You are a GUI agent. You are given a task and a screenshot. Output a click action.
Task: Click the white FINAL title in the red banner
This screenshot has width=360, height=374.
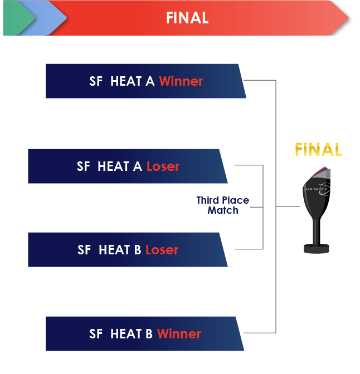187,18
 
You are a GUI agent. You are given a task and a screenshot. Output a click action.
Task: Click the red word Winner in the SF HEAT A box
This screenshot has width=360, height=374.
181,81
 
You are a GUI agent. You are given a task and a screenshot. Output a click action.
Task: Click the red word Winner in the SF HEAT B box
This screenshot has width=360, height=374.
179,334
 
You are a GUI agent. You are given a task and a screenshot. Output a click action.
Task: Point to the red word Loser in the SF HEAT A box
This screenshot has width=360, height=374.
163,166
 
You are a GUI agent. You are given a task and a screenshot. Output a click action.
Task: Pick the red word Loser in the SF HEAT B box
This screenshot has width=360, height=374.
162,250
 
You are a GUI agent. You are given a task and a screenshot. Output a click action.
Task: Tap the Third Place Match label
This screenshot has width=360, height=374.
223,205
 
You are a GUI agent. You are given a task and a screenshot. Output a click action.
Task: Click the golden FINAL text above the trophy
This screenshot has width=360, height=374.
318,149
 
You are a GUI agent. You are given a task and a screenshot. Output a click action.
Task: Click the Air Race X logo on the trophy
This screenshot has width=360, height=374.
318,189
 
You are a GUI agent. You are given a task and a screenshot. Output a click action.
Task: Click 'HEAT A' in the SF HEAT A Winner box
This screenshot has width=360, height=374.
132,81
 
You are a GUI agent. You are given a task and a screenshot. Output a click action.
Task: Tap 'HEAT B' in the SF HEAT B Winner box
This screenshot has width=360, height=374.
132,334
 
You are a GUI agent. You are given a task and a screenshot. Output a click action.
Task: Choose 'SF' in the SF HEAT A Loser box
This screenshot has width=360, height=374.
84,166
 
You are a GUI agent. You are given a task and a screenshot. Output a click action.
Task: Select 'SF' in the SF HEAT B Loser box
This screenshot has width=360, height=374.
84,250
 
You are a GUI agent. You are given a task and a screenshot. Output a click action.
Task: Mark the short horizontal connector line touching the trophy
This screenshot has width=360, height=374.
288,206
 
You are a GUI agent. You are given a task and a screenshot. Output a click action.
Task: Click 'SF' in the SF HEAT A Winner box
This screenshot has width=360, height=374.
96,81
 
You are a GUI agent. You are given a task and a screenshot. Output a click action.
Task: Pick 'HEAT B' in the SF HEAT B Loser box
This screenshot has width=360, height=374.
120,250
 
